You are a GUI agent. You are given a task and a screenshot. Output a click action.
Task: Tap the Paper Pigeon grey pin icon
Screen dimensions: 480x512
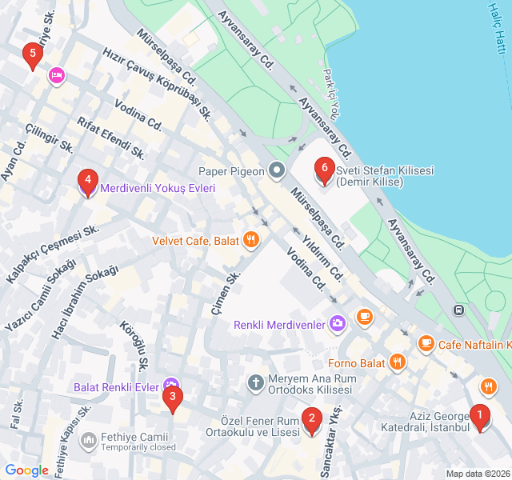pos(277,170)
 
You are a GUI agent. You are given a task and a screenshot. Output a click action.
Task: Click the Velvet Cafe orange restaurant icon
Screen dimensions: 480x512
pos(251,239)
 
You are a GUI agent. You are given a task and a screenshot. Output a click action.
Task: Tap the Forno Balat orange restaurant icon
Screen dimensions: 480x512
pos(398,362)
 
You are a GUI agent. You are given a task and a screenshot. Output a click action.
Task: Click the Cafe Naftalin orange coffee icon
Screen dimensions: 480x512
pos(426,344)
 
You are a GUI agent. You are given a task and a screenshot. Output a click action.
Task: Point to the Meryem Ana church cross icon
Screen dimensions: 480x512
pos(256,382)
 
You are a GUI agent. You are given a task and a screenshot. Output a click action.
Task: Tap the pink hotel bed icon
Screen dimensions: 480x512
pos(57,76)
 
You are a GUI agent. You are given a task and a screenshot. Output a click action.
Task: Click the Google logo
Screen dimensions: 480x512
pos(26,470)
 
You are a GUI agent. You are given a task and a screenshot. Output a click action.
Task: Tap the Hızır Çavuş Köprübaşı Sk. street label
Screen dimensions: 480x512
pos(157,82)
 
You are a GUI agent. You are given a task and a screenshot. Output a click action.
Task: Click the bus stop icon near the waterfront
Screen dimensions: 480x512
pos(459,310)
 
